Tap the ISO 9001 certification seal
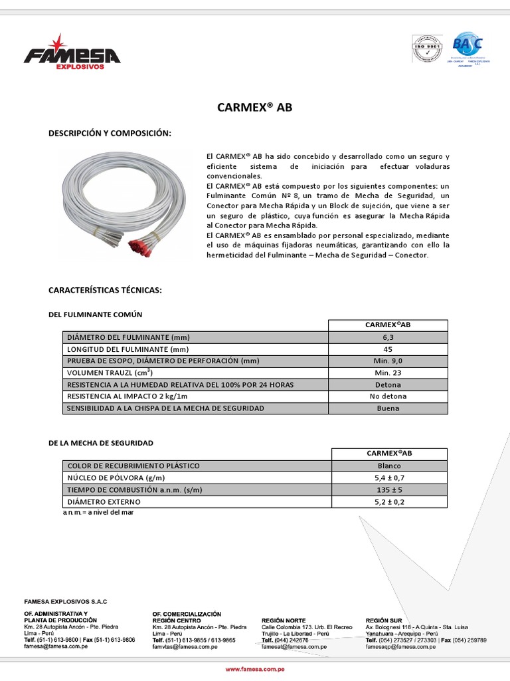pyautogui.click(x=426, y=49)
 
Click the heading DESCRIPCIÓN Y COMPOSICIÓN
pyautogui.click(x=110, y=134)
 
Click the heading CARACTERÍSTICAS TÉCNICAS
pyautogui.click(x=105, y=291)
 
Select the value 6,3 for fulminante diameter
pyautogui.click(x=388, y=337)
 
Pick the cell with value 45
pyautogui.click(x=388, y=349)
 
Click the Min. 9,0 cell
pyautogui.click(x=388, y=361)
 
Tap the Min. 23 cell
pyautogui.click(x=388, y=373)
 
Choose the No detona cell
pyautogui.click(x=388, y=396)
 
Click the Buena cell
pyautogui.click(x=388, y=408)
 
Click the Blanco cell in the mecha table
pyautogui.click(x=388, y=466)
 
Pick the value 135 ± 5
pyautogui.click(x=388, y=490)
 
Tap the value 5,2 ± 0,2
pyautogui.click(x=388, y=502)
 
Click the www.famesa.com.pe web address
pyautogui.click(x=255, y=669)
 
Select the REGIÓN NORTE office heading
pyautogui.click(x=284, y=620)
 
